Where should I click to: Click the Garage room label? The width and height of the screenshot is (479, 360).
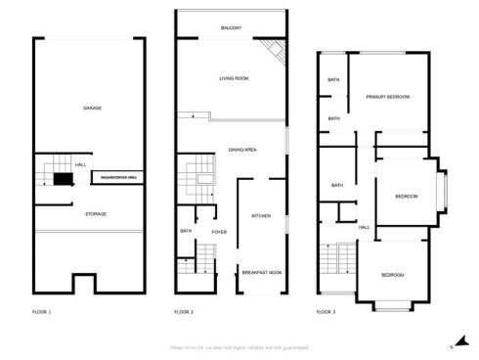point(93,108)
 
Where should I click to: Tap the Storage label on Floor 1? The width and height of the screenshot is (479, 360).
point(95,213)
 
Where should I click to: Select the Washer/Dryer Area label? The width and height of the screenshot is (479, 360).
point(117,177)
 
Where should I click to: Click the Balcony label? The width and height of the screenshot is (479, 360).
point(232,28)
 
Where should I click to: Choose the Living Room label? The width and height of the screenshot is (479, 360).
point(234,77)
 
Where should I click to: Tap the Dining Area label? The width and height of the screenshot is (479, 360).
point(242,150)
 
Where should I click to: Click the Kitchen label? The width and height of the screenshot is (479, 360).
point(261,215)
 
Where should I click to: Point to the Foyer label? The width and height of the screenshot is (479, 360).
point(219,231)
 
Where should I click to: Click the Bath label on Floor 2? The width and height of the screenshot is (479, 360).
point(186,231)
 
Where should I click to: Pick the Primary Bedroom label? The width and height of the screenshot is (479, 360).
point(387,97)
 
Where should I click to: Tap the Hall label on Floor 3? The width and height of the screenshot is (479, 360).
point(364,227)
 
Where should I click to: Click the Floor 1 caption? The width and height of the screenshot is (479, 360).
point(42,312)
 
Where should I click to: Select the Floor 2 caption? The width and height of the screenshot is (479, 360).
point(184,312)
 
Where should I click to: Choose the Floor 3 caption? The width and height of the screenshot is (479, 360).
point(326,312)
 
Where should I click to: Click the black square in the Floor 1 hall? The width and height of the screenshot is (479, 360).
point(64,179)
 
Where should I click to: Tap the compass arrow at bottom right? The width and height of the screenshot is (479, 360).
point(451,344)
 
